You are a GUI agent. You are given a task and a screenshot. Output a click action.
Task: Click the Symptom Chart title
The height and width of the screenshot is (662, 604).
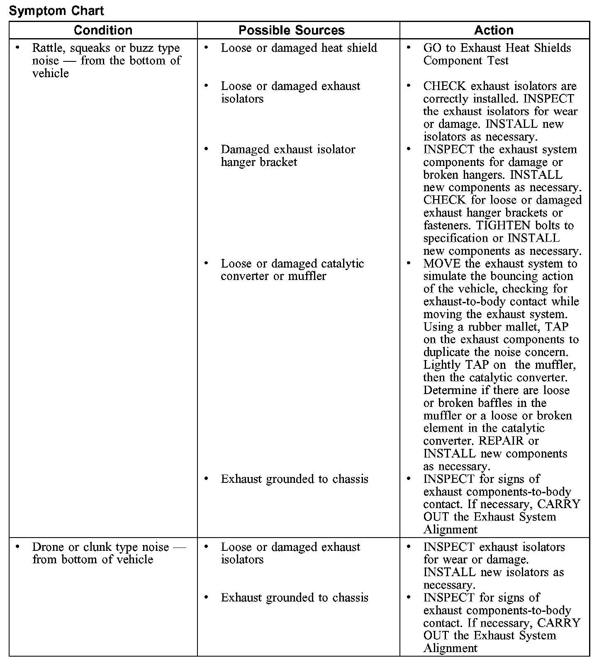click(x=56, y=10)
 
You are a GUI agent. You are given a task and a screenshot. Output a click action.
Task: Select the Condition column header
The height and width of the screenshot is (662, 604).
click(x=103, y=30)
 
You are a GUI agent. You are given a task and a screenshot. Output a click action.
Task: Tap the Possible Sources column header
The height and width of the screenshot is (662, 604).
click(x=292, y=30)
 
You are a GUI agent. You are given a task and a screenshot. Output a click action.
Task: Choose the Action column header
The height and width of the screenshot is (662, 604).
click(x=494, y=30)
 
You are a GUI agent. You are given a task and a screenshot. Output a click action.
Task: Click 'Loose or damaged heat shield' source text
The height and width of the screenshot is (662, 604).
click(x=299, y=48)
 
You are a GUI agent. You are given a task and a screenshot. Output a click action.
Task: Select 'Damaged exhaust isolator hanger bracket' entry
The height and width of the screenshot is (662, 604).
click(x=288, y=156)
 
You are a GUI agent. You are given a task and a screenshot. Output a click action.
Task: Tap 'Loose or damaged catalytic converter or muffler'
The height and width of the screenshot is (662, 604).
click(x=292, y=270)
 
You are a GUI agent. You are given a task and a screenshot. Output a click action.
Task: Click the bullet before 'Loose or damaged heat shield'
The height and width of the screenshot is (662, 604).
click(x=206, y=48)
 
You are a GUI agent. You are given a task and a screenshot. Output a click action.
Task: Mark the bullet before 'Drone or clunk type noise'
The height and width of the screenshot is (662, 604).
click(x=17, y=547)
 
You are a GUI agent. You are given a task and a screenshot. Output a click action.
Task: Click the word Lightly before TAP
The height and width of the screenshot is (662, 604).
click(x=442, y=365)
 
